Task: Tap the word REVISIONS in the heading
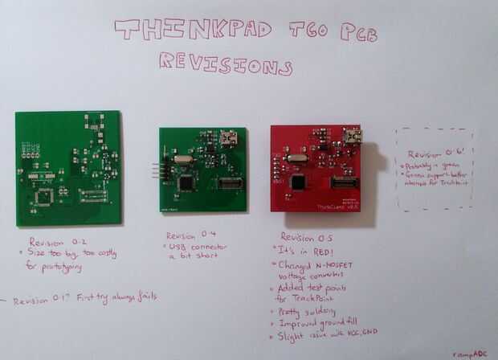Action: tap(224, 63)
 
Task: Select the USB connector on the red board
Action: tap(352, 136)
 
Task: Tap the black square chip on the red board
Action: tap(298, 182)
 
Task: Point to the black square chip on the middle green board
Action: tap(187, 182)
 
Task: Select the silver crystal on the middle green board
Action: tap(182, 160)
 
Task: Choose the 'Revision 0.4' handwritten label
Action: tap(191, 235)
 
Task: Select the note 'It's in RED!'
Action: tap(306, 251)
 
